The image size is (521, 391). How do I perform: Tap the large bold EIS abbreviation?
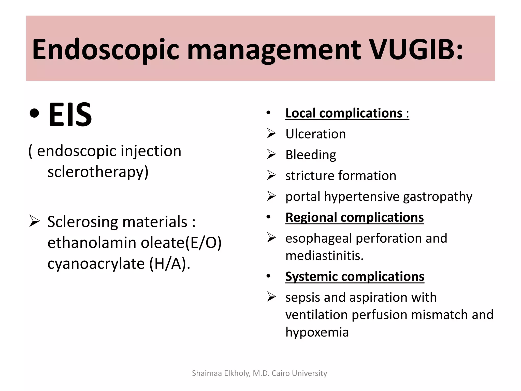(x=70, y=114)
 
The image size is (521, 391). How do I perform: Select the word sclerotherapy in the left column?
(x=98, y=172)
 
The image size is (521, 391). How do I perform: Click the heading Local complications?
(x=347, y=113)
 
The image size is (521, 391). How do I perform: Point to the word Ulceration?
(x=315, y=134)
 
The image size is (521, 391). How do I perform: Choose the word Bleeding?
(x=311, y=155)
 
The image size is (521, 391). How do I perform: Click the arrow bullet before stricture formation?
(x=271, y=175)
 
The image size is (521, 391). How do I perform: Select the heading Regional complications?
(x=354, y=217)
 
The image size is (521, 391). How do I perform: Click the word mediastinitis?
(x=324, y=256)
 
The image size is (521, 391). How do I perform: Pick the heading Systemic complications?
(x=355, y=276)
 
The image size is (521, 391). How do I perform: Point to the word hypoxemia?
(x=317, y=332)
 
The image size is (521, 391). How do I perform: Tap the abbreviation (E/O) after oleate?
(x=203, y=243)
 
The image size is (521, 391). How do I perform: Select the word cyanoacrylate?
(x=96, y=263)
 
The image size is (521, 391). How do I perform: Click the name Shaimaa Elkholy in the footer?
(x=221, y=373)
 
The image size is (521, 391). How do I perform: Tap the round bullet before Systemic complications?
(x=268, y=276)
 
